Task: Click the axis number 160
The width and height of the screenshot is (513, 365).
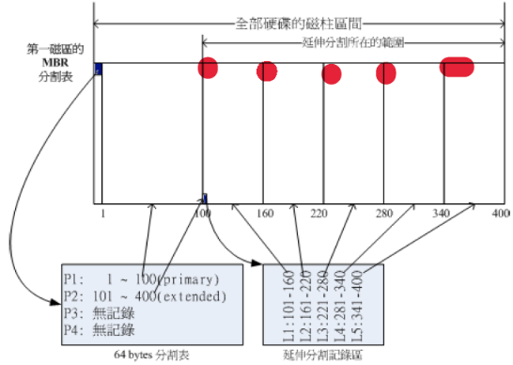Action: [x=265, y=214]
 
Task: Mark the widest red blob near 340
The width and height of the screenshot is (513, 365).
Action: [x=457, y=68]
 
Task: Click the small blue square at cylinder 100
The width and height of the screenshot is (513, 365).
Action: [x=205, y=198]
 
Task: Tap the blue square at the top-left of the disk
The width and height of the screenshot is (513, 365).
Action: [x=98, y=68]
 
